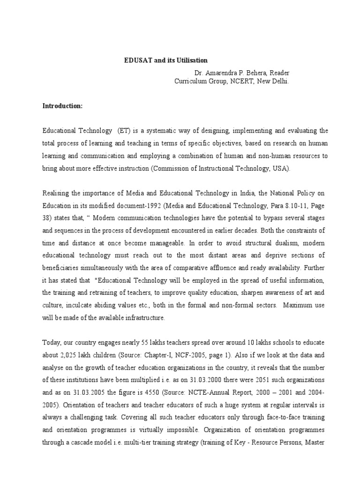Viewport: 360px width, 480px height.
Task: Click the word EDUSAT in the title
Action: pos(137,61)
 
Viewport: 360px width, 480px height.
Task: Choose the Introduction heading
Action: pos(62,106)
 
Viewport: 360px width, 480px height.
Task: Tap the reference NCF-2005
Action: pos(173,355)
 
